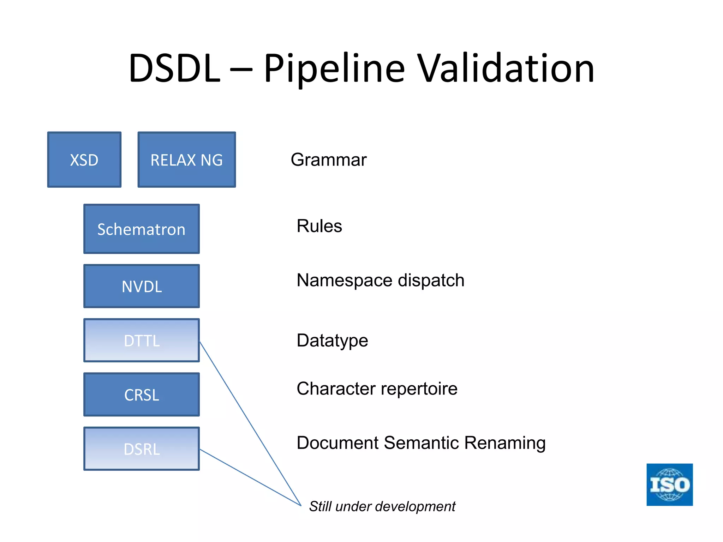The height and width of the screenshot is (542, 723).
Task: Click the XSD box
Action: pos(84,160)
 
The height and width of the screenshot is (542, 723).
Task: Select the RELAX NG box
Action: pos(186,160)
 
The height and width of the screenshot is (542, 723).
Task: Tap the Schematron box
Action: pos(142,229)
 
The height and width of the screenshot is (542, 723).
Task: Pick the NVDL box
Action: pos(142,286)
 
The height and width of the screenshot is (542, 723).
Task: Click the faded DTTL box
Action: pos(142,341)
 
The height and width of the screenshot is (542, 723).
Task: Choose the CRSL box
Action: pos(142,395)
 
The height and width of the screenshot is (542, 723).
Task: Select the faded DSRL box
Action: pos(142,449)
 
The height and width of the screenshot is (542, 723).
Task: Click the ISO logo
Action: pos(669,484)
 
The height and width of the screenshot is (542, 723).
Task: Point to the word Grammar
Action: pos(328,160)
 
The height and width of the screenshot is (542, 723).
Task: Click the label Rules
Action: pos(319,226)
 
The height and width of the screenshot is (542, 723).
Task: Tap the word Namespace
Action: pos(344,281)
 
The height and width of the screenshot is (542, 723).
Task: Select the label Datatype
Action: pos(332,341)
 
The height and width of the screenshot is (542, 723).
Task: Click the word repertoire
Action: pos(419,389)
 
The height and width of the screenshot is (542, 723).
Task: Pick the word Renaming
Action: pos(505,443)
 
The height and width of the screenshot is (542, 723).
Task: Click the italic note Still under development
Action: pos(382,507)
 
